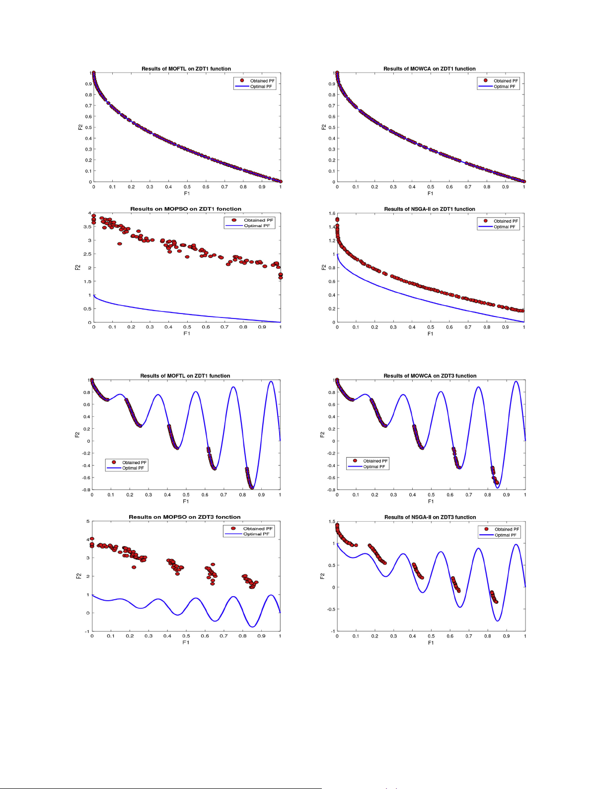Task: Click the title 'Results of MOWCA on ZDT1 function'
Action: click(429, 69)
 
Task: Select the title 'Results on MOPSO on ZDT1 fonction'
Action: click(186, 209)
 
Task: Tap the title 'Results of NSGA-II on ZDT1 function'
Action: click(429, 209)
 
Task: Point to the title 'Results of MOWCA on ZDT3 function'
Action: click(430, 376)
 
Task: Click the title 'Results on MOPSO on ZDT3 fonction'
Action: click(184, 517)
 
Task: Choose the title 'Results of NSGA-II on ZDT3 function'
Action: click(430, 517)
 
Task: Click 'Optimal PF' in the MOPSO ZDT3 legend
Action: click(256, 534)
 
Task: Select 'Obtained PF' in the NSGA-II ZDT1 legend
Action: click(506, 221)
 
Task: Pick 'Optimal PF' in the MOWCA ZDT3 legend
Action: click(374, 467)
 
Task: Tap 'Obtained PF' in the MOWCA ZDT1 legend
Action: click(506, 80)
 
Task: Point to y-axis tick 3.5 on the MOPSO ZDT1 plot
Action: click(87, 227)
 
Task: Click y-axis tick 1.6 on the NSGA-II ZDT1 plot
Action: click(332, 214)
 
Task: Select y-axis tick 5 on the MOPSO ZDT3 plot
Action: click(88, 521)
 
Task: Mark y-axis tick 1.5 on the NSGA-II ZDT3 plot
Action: click(331, 522)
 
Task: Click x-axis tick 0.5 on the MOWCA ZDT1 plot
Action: click(431, 187)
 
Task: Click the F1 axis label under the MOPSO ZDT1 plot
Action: click(187, 333)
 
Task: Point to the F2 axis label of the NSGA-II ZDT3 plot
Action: click(322, 576)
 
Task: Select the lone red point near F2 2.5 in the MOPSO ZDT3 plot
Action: click(134, 567)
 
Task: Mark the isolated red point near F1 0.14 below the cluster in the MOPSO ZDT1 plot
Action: click(120, 244)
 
